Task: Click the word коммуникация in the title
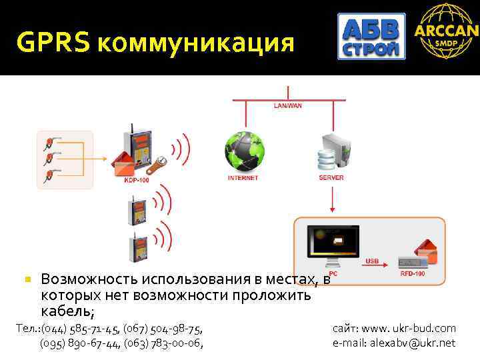[x=195, y=44]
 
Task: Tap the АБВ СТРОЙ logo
[x=371, y=37]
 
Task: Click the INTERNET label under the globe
[x=243, y=178]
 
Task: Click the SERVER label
[x=331, y=178]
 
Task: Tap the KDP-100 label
[x=137, y=181]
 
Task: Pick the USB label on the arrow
[x=373, y=262]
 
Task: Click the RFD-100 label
[x=411, y=274]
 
